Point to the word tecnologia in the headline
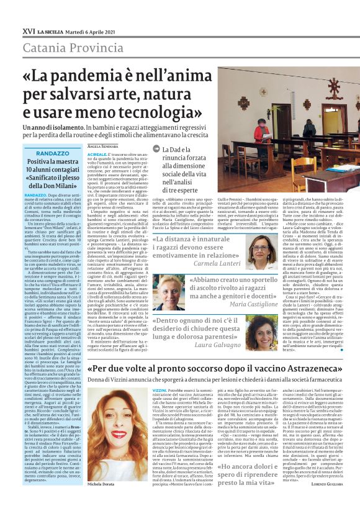(x=165, y=114)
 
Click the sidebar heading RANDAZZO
(x=53, y=153)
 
